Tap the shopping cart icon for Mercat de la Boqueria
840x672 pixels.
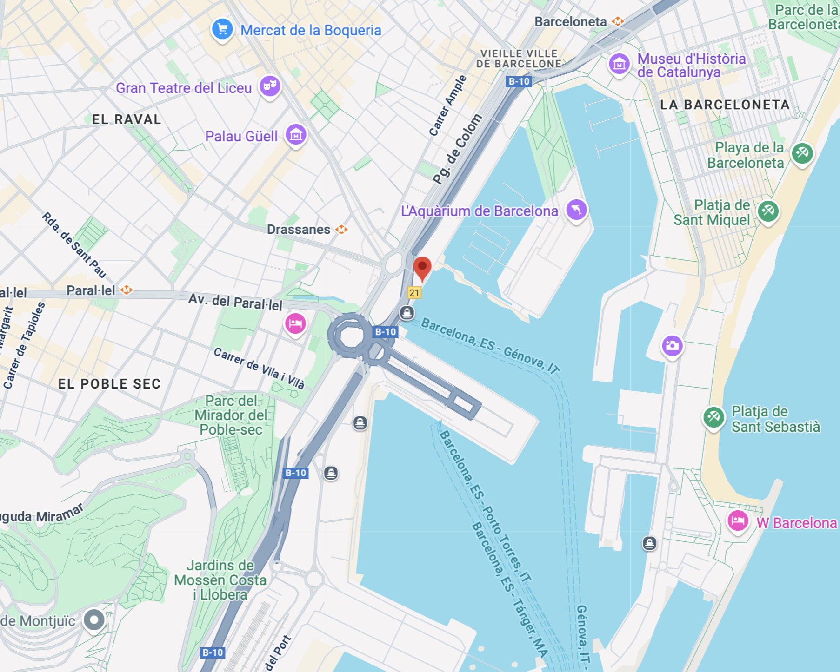(222, 29)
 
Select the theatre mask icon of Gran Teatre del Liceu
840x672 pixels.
(270, 86)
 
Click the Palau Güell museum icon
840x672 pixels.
(296, 135)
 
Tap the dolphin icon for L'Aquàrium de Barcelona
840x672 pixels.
(576, 209)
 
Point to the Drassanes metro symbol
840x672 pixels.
(342, 229)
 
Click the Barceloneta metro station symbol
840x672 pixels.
(618, 21)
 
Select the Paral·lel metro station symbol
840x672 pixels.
(126, 290)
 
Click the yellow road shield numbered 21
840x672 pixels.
(414, 293)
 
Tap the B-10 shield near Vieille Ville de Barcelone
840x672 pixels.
(519, 81)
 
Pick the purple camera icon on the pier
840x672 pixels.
(672, 345)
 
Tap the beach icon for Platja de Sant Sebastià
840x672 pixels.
(713, 417)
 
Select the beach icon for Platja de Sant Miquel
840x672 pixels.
(768, 211)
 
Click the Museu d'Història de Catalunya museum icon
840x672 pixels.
(619, 64)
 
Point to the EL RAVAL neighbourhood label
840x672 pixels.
(127, 119)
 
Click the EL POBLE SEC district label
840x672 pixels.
(109, 384)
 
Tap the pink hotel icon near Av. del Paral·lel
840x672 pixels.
(295, 323)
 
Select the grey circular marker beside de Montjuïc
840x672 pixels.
(94, 619)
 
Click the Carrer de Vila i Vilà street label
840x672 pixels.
(259, 368)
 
